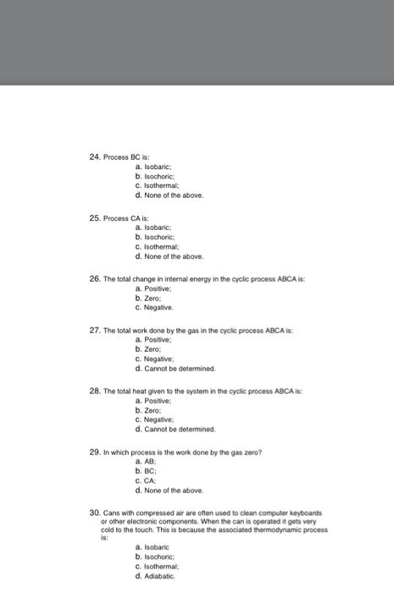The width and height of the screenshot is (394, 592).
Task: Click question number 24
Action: tap(95, 157)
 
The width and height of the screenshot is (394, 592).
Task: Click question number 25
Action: tap(95, 218)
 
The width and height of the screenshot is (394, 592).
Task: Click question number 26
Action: tap(95, 278)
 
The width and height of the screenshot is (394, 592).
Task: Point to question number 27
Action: tap(95, 330)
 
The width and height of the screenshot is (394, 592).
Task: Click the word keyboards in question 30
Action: tap(311, 513)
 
